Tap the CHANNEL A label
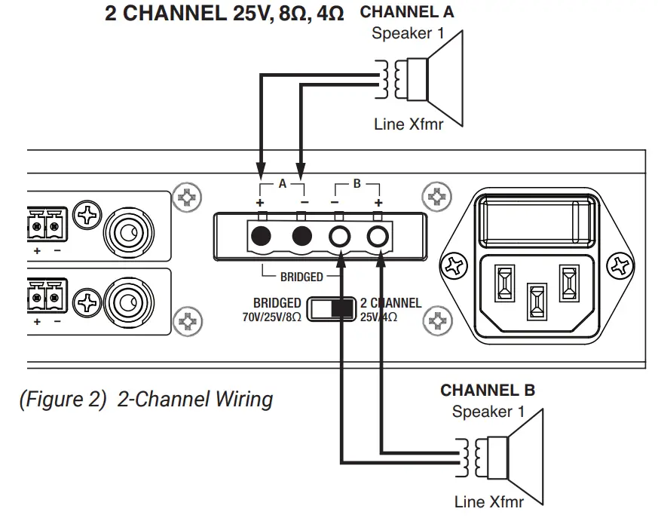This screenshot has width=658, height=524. pos(407,13)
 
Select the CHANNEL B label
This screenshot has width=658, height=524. pos(487,390)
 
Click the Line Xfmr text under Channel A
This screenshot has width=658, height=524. pos(409,124)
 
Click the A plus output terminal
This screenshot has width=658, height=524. pos(261,237)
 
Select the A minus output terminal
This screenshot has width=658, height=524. pos(302,237)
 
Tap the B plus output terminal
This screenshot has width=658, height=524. pos(378,237)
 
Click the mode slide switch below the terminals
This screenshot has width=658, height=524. pos(332,309)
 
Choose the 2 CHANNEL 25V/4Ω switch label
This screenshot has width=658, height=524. pos(390,310)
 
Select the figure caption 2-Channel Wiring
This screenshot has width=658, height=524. pos(145,399)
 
